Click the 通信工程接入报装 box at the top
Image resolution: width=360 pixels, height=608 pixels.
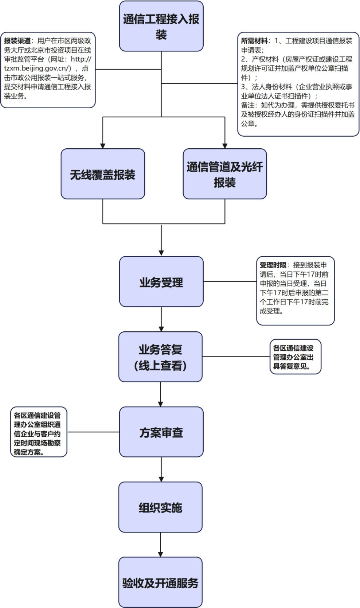[161, 26]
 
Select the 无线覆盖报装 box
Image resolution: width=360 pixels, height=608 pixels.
[103, 174]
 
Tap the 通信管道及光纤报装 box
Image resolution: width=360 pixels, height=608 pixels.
[224, 174]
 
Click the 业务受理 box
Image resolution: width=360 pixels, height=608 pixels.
[161, 282]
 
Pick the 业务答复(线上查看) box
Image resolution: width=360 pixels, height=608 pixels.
[160, 357]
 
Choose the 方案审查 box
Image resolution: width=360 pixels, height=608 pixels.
[161, 432]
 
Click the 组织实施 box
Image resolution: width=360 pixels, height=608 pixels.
[160, 507]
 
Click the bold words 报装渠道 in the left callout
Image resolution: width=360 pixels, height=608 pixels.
[17, 41]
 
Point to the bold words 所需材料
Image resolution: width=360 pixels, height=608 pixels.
[254, 41]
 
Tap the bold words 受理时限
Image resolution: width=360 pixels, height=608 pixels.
[273, 265]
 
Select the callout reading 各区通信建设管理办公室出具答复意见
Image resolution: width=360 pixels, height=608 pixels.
[295, 357]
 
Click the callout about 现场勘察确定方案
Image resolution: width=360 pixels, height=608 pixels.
[38, 432]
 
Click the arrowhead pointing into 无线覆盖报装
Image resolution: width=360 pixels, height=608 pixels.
[103, 145]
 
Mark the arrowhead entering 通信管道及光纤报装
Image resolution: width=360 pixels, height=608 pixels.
[225, 145]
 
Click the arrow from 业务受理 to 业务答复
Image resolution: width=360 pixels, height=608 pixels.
[161, 319]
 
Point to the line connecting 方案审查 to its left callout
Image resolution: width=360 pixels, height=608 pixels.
[93, 432]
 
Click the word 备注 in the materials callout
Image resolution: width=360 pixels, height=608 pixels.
[248, 105]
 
